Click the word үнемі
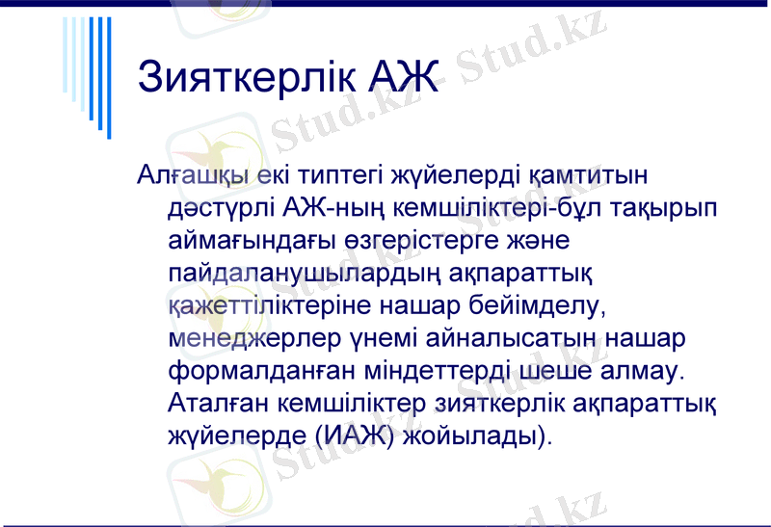click(380, 340)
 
